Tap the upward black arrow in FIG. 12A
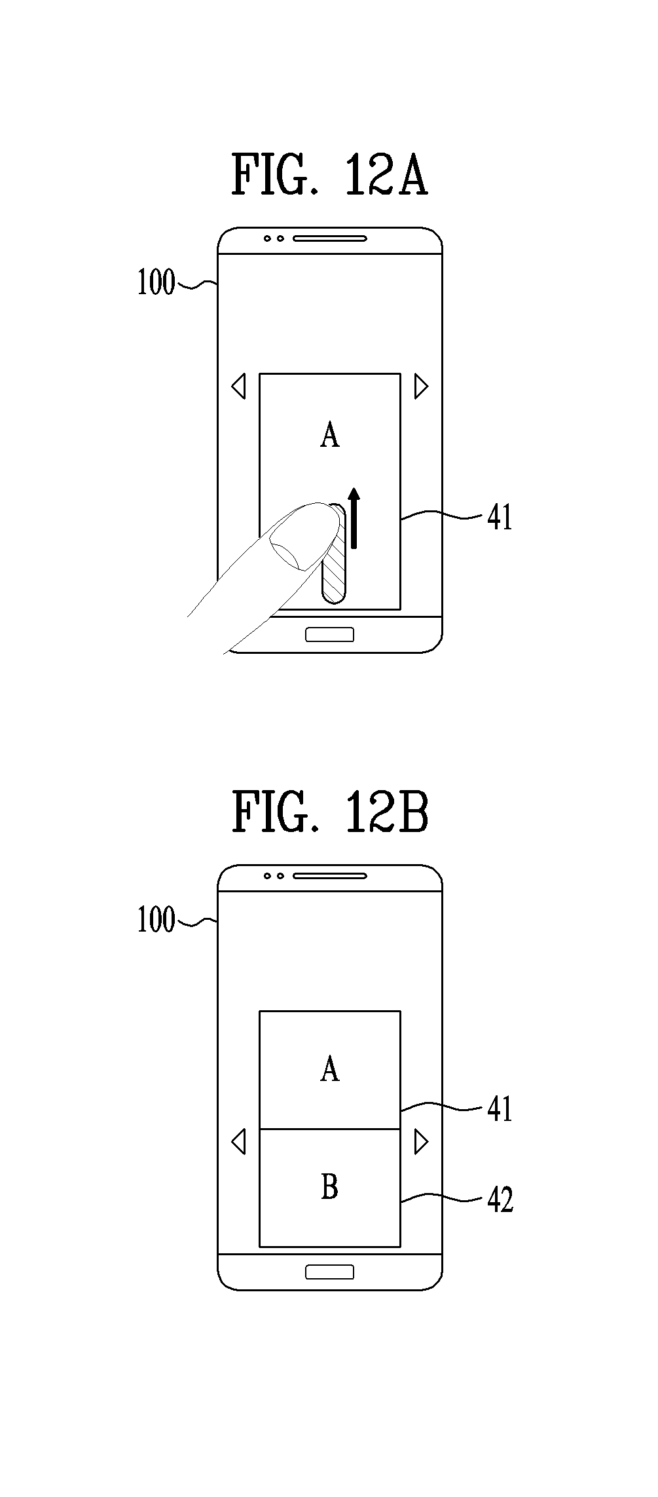click(x=354, y=517)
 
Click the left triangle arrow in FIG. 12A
click(x=239, y=387)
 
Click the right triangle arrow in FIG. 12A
click(x=421, y=387)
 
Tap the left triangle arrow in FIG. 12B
click(x=239, y=1142)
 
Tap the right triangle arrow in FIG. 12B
click(x=421, y=1142)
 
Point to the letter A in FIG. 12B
click(x=330, y=1069)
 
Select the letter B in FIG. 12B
click(x=330, y=1186)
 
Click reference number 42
click(x=500, y=1200)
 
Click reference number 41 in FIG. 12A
click(x=500, y=518)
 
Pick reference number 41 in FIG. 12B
click(x=500, y=1109)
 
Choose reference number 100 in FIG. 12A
click(x=156, y=283)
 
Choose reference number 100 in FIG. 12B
click(x=156, y=920)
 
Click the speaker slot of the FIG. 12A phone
click(x=329, y=238)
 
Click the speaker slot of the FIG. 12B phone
click(x=329, y=875)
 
